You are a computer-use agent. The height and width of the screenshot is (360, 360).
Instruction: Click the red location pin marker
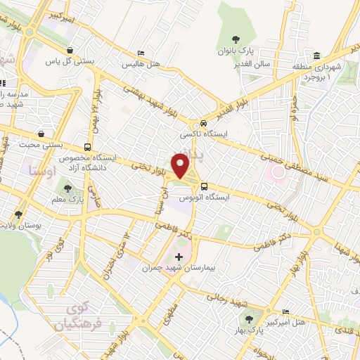click(181, 165)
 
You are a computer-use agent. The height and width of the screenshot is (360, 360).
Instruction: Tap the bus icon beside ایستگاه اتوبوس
click(204, 186)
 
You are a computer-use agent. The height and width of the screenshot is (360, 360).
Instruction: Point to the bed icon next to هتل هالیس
click(141, 53)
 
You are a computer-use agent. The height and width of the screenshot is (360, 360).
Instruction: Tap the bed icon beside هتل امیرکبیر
click(285, 311)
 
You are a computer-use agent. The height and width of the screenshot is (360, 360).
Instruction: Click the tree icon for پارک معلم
click(67, 188)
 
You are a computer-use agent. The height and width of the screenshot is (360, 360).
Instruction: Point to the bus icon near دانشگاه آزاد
click(87, 148)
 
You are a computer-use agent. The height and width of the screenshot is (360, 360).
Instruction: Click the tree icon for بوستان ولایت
click(19, 214)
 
